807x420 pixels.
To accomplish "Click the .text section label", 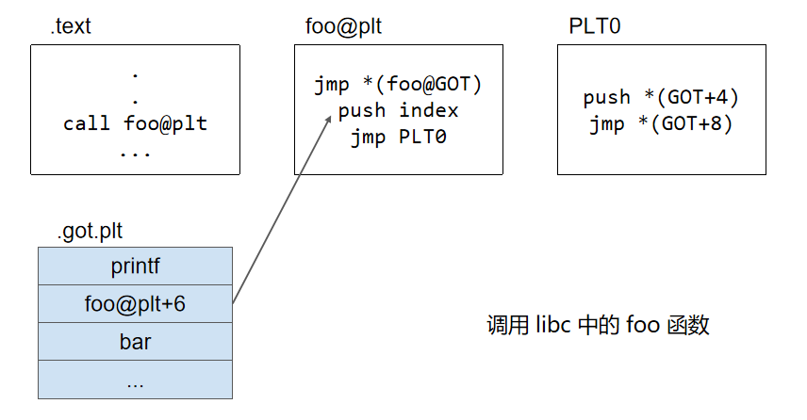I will pos(71,26).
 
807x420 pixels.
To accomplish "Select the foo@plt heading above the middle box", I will pos(337,26).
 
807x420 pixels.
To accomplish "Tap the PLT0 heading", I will pos(594,26).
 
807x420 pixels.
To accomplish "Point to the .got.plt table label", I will pos(90,231).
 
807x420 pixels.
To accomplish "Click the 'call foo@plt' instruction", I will pos(135,123).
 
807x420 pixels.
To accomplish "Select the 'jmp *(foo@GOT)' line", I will pos(398,86).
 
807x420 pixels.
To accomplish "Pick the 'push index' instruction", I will pos(398,111).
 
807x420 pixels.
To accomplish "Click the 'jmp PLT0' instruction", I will pos(398,137).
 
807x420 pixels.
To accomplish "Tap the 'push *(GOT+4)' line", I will pos(660,98).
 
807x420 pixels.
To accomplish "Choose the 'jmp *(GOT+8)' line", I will pos(660,123).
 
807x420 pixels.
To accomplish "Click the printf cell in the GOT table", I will pos(135,266).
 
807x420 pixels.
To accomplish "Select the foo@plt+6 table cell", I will pos(135,303).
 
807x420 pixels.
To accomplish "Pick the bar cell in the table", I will pos(135,341).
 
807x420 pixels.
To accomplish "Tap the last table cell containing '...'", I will pos(135,380).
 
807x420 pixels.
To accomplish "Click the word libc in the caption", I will pos(555,326).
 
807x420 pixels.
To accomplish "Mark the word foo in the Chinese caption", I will pos(641,326).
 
